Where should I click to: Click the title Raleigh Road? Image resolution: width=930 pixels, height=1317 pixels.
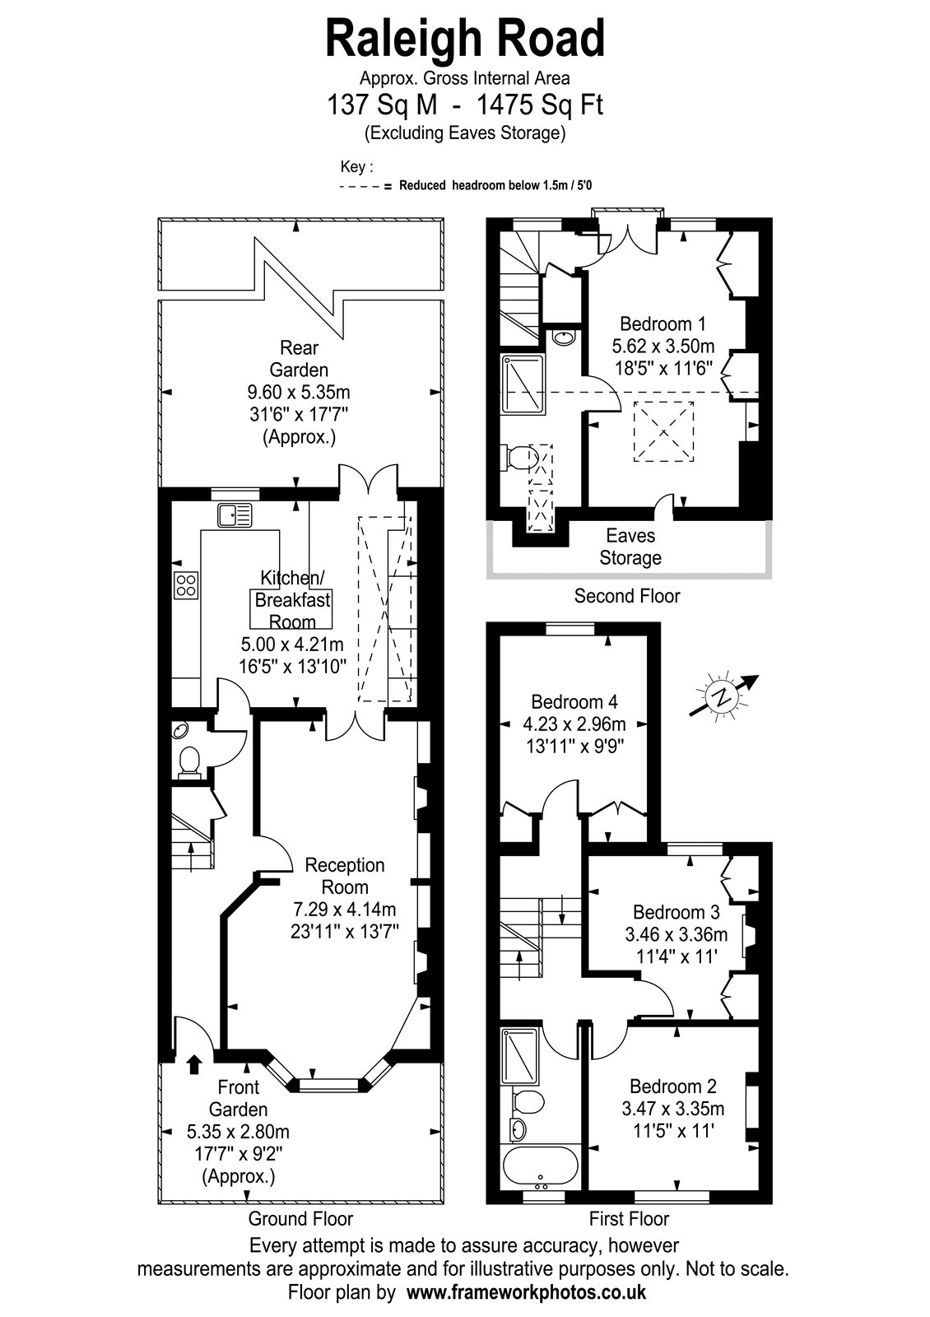[x=465, y=38]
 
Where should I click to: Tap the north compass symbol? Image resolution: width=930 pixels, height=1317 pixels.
[x=723, y=696]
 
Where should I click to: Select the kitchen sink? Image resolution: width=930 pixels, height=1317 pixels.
[x=235, y=515]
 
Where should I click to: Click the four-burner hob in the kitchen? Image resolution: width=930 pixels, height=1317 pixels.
[x=186, y=585]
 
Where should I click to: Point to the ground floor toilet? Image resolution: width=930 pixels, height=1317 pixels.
[x=189, y=762]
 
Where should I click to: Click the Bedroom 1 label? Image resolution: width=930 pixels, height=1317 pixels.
[x=663, y=324]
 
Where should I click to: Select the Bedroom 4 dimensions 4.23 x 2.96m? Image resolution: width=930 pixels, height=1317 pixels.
[x=574, y=724]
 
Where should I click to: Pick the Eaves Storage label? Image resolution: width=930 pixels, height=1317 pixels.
[x=630, y=547]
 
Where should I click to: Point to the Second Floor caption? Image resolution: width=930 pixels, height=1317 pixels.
[x=626, y=596]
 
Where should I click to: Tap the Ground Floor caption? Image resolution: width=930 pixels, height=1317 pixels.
[x=300, y=1219]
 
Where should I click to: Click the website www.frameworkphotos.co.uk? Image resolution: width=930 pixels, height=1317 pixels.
[x=526, y=1292]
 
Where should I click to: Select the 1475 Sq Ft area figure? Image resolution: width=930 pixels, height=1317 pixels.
[x=540, y=105]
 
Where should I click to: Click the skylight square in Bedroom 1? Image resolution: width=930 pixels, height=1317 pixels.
[x=663, y=431]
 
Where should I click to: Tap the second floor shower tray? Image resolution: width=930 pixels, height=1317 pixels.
[x=523, y=384]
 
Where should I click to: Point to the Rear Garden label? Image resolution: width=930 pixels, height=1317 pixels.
[x=299, y=359]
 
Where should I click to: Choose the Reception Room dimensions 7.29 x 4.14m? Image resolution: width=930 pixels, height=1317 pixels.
[x=345, y=909]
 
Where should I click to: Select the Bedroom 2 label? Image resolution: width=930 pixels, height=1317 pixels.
[x=673, y=1086]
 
